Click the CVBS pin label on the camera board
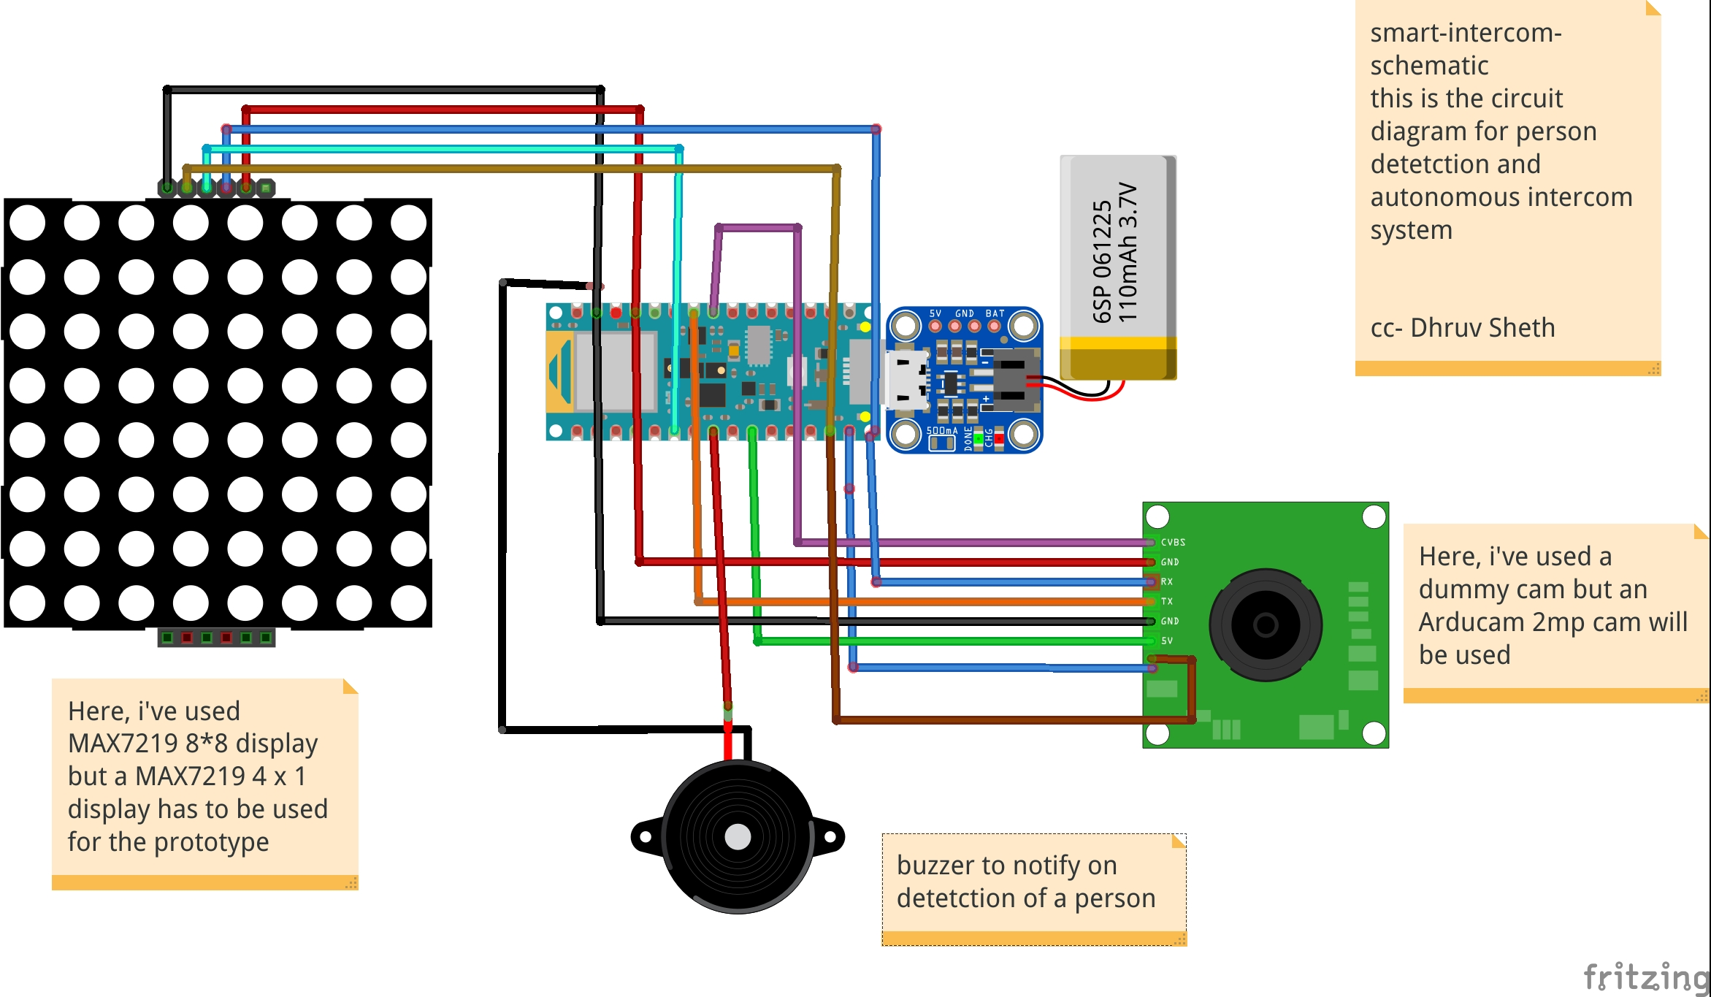(x=1173, y=542)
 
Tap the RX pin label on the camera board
(x=1167, y=581)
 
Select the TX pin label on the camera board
(x=1167, y=601)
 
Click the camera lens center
(x=1265, y=624)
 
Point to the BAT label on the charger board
(x=995, y=313)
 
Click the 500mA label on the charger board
(x=941, y=431)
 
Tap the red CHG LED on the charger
(x=999, y=439)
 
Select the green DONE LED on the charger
(x=979, y=439)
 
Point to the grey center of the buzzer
(x=738, y=836)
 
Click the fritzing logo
(x=1647, y=977)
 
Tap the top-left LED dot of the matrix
(x=28, y=223)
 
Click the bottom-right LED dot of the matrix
(x=408, y=603)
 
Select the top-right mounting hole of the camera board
(x=1374, y=517)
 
